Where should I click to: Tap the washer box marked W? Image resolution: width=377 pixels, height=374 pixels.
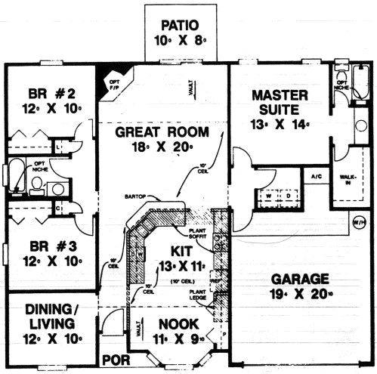pyautogui.click(x=268, y=196)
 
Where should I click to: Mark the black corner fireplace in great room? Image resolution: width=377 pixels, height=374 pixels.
pyautogui.click(x=102, y=76)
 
